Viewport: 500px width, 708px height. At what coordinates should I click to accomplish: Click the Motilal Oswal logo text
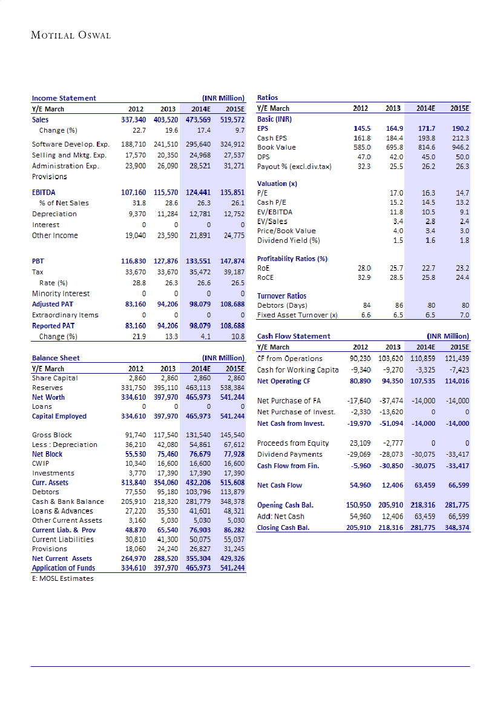[71, 35]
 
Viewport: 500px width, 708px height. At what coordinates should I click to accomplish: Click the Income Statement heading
[64, 98]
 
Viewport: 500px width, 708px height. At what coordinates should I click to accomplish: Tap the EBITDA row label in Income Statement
[44, 192]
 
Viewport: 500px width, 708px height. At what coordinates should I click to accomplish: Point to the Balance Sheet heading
[56, 358]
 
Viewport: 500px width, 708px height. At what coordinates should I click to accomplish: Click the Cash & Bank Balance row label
[68, 501]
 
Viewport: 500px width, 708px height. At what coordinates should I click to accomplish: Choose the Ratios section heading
[268, 97]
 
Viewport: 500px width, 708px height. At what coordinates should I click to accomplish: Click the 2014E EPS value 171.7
[427, 129]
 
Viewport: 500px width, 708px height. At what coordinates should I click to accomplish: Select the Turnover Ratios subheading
[281, 296]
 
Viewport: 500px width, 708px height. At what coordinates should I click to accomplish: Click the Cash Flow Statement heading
[294, 336]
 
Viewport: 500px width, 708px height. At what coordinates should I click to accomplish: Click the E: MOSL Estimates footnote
[63, 578]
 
